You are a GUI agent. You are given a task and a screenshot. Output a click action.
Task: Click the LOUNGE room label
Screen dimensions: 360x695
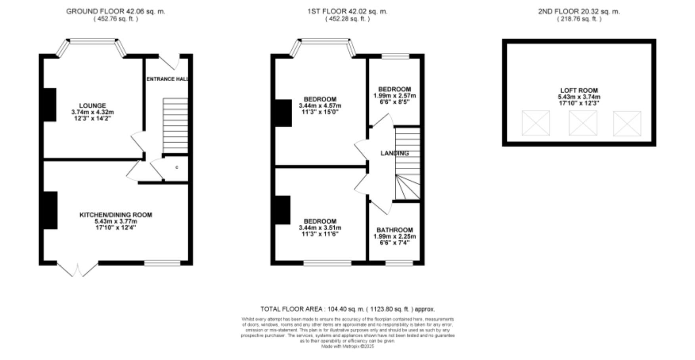point(92,105)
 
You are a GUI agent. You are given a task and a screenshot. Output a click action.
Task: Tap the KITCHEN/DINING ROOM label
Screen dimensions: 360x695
point(116,215)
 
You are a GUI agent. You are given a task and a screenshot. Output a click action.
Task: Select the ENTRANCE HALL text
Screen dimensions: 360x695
point(167,79)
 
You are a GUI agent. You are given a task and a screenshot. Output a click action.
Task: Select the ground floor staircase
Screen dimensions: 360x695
point(175,126)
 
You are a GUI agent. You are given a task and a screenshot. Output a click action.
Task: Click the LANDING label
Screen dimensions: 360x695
point(394,153)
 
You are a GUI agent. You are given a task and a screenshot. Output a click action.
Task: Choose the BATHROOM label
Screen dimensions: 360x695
point(394,230)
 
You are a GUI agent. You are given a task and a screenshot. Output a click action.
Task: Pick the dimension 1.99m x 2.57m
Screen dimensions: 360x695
point(394,96)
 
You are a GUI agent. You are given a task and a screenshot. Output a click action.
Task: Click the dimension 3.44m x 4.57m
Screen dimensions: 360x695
point(320,106)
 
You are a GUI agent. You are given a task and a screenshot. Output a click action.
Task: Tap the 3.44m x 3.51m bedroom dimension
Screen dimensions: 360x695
point(320,228)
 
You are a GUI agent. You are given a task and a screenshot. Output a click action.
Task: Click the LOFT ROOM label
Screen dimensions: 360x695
point(579,90)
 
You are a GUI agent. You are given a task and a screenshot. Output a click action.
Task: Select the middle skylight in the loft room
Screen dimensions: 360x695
point(582,123)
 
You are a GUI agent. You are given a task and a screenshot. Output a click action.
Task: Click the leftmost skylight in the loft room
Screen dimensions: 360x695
point(536,123)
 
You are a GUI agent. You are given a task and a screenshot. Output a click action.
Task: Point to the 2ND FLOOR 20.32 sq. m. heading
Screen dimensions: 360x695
point(579,11)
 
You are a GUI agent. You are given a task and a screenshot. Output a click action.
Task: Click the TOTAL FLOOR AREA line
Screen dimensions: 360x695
point(347,309)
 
